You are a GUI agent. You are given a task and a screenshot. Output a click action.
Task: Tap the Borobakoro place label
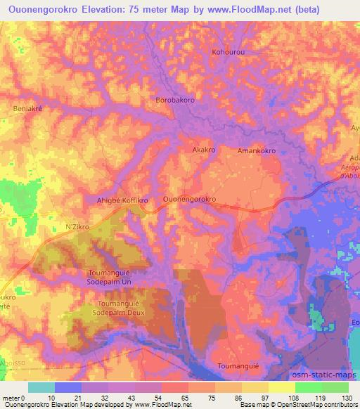pyautogui.click(x=175, y=100)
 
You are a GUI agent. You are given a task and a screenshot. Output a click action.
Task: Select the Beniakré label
pyautogui.click(x=29, y=109)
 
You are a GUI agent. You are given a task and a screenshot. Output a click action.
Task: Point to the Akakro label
pyautogui.click(x=203, y=150)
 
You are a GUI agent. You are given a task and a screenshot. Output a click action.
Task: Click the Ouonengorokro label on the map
pyautogui.click(x=189, y=200)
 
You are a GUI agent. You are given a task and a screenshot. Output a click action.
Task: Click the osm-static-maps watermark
pyautogui.click(x=328, y=376)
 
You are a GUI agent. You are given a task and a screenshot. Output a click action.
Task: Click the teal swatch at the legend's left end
pyautogui.click(x=41, y=387)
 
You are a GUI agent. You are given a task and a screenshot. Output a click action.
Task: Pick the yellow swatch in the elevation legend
pyautogui.click(x=281, y=387)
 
